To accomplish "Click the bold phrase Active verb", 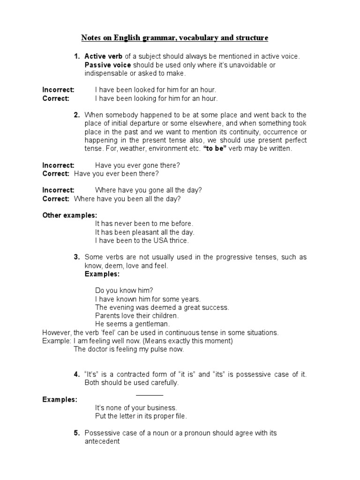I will coord(103,56).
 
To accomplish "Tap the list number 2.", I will coord(76,115).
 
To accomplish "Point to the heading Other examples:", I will coord(70,215).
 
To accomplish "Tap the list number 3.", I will coord(76,257).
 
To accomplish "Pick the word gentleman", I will coord(151,324).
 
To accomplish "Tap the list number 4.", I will coord(76,375).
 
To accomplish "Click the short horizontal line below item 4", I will coord(150,395).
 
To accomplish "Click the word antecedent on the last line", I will coord(102,442).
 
